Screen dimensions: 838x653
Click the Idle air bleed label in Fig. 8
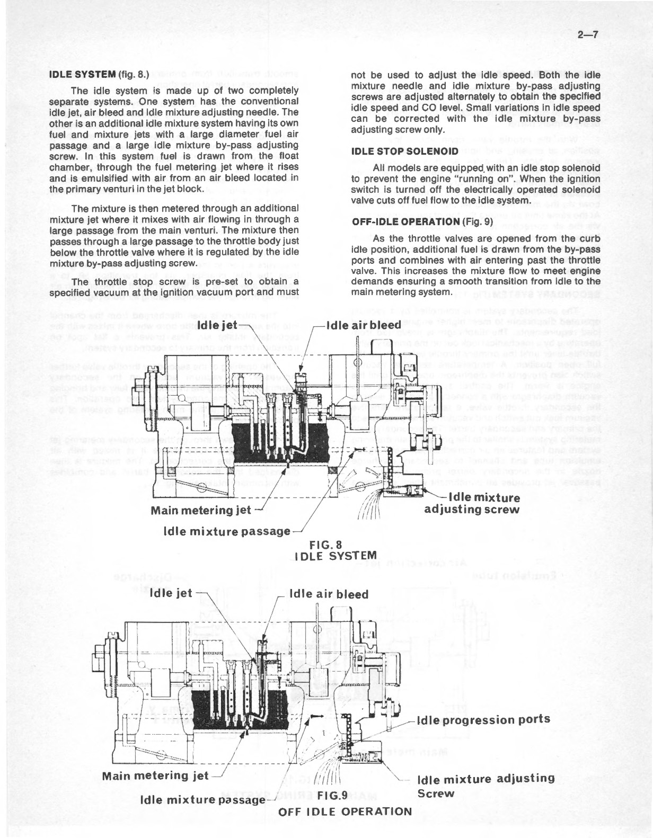coord(363,324)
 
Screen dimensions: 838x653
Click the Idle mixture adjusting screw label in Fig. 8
coord(472,504)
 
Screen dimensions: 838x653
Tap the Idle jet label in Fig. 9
coord(172,593)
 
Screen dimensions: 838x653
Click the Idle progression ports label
coord(483,719)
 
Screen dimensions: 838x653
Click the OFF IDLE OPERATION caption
coord(345,812)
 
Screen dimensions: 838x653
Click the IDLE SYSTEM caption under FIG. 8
coord(336,556)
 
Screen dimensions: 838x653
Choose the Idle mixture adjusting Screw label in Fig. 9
coord(486,786)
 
